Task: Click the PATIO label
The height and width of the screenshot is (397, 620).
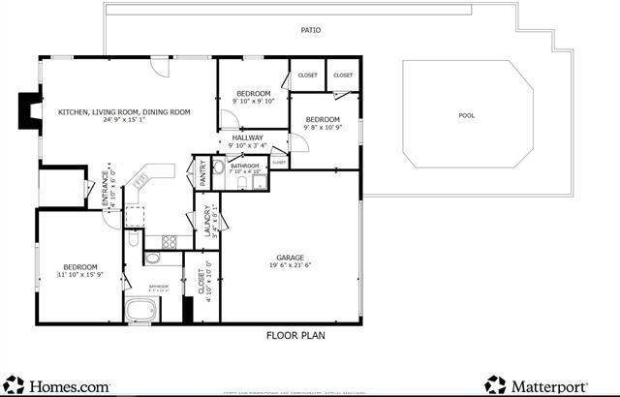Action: (311, 30)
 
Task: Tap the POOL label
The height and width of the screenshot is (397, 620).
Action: (467, 116)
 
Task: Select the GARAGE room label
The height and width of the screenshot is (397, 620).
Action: (291, 258)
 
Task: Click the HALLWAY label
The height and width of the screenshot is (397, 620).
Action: (248, 137)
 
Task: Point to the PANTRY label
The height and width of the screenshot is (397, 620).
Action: (202, 173)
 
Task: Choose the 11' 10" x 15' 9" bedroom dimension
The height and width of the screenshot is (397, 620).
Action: (80, 276)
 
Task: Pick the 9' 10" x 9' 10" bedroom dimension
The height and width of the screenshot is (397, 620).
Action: (255, 101)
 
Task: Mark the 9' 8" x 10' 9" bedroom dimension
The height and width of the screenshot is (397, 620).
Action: (324, 127)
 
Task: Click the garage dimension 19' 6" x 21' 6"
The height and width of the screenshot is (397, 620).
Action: (291, 265)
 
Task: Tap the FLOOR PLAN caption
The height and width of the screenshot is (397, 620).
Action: (295, 336)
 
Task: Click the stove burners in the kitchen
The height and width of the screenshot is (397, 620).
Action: (169, 242)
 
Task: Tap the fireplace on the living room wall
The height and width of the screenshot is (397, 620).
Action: (31, 113)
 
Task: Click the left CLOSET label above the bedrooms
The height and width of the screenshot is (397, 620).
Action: (307, 76)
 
